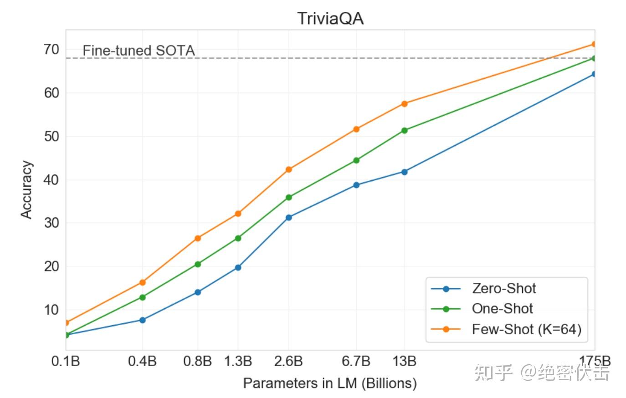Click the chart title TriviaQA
point(330,19)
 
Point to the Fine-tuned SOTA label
point(139,51)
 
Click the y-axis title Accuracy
point(26,189)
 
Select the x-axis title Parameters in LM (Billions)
point(330,383)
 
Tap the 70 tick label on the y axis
point(51,49)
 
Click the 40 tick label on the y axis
point(51,179)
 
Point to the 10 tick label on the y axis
point(51,310)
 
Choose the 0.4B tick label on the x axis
point(142,362)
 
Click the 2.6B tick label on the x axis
point(288,362)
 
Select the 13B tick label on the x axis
point(404,362)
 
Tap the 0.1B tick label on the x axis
point(66,362)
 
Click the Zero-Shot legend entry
point(504,288)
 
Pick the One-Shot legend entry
point(502,309)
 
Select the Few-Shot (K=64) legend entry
point(526,329)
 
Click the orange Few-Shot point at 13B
point(404,104)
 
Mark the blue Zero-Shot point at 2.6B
point(288,218)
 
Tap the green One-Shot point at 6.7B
point(356,160)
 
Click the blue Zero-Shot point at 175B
point(594,74)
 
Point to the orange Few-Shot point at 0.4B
point(142,282)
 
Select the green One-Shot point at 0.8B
point(198,264)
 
